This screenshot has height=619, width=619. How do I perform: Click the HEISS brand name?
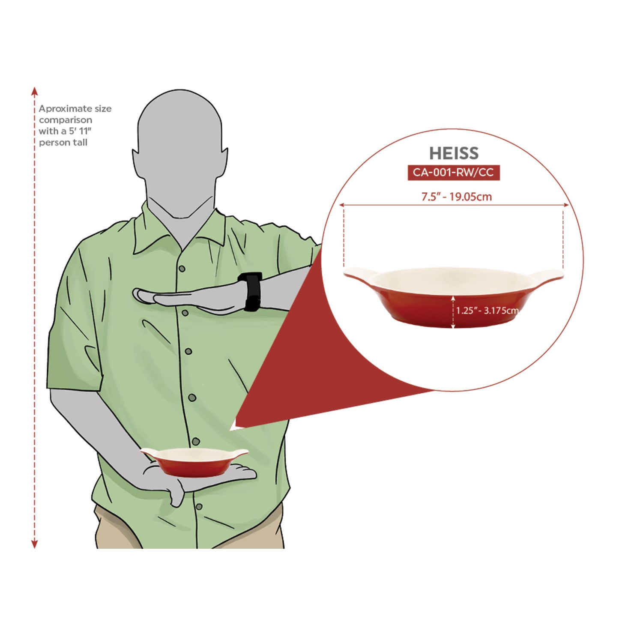454,153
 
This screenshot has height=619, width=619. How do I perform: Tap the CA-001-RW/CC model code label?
453,173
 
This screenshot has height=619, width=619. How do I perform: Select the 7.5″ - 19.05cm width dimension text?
457,197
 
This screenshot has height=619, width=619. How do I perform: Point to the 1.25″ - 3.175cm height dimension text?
487,311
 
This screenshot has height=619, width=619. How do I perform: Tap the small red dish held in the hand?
194,462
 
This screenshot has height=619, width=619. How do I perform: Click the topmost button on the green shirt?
182,268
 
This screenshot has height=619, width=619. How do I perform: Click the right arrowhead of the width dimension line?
566,205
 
